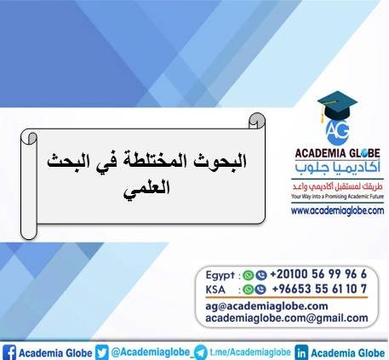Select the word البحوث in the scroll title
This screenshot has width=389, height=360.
[x=204, y=159]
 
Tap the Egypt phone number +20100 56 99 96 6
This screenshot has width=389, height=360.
[x=317, y=275]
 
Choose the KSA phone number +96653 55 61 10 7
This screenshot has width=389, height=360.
[x=317, y=289]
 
